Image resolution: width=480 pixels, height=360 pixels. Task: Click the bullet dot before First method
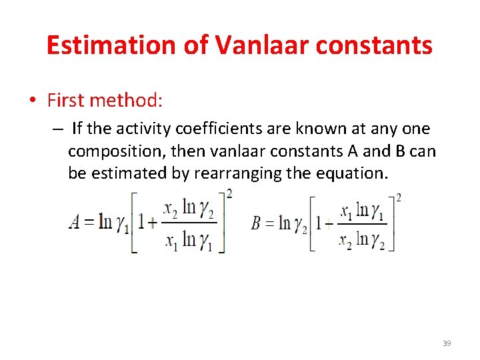click(32, 101)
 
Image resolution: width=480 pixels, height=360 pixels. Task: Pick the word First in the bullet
click(65, 101)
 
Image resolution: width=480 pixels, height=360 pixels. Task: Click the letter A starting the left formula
click(75, 222)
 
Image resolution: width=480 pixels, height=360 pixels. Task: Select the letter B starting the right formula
click(256, 223)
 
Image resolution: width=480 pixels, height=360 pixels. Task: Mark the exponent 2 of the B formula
click(399, 198)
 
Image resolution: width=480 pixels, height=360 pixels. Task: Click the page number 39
click(447, 343)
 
